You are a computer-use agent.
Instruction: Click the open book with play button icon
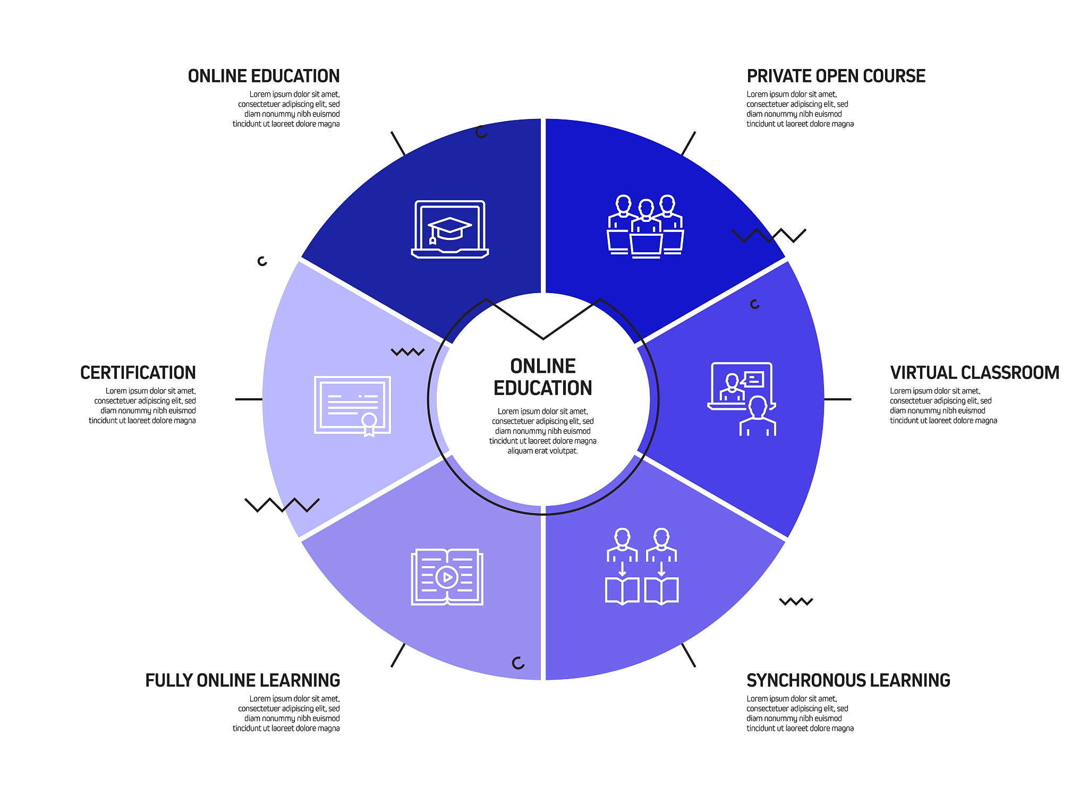coord(447,577)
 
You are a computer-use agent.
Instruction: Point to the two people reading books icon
coord(642,566)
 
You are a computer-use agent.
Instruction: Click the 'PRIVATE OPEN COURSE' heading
coord(836,76)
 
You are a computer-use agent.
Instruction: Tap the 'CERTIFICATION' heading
coord(138,373)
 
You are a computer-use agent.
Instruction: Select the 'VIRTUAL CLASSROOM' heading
coord(974,373)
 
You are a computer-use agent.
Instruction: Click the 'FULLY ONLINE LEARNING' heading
coord(243,680)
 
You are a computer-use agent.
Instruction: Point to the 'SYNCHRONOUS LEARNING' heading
coord(848,680)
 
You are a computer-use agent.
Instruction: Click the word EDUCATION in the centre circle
coord(543,388)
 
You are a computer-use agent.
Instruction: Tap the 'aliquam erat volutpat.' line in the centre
coord(542,451)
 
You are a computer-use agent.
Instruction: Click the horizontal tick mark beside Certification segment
coord(249,399)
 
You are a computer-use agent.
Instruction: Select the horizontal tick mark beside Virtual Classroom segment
coord(838,399)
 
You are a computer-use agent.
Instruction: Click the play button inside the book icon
coord(447,577)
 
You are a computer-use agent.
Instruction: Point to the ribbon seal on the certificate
coord(369,424)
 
